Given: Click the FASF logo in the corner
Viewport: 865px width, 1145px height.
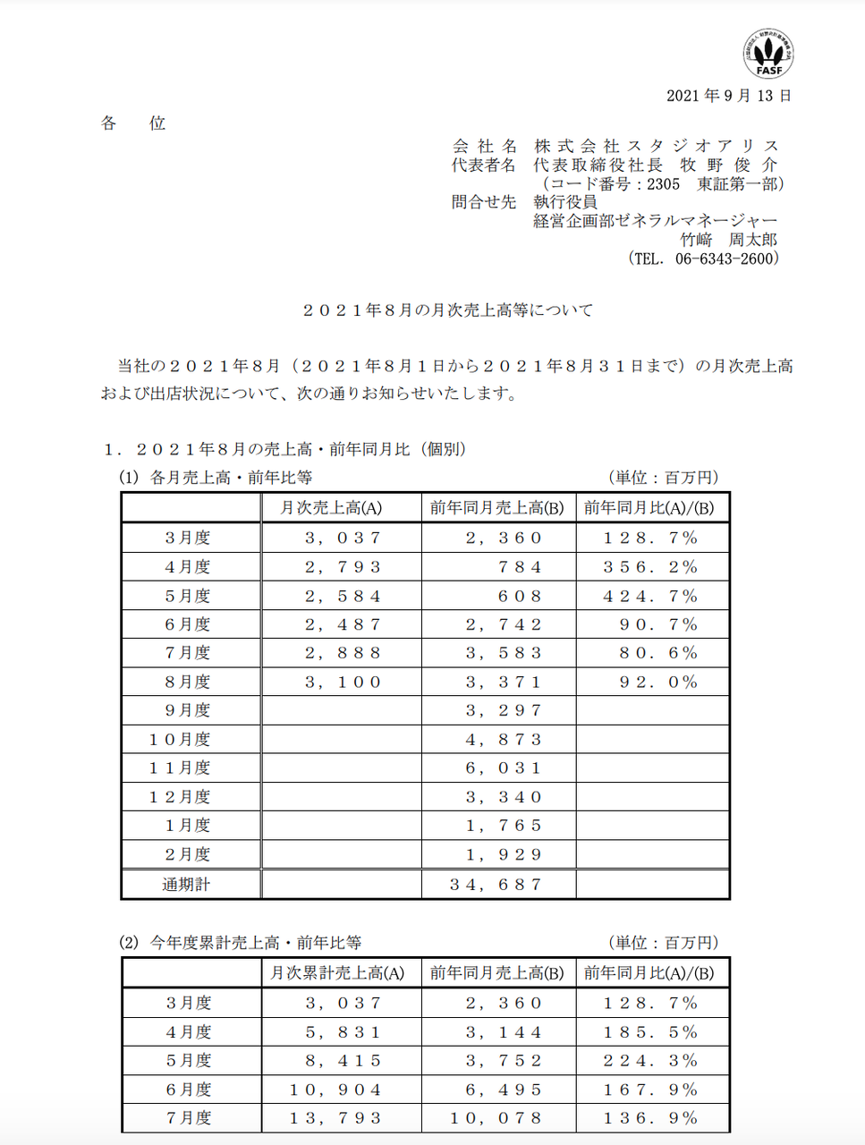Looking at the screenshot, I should [768, 53].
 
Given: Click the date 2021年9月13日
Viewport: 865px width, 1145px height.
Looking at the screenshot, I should [728, 96].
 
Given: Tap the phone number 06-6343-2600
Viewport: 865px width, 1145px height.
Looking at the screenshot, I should [726, 259].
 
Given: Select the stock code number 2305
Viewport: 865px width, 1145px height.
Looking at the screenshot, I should [663, 184].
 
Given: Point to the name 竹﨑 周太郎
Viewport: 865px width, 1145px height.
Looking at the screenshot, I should [728, 240].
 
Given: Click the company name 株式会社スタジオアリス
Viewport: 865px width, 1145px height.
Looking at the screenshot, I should [657, 146].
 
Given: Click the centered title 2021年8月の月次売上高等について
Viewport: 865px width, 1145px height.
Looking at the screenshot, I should [447, 310].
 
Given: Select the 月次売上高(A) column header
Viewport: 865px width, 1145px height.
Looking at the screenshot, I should [331, 508].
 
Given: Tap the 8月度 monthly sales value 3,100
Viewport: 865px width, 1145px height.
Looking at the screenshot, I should [343, 683].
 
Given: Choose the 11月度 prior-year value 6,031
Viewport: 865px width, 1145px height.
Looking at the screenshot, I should [504, 768].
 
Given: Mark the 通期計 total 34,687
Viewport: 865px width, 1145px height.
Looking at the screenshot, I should [496, 885].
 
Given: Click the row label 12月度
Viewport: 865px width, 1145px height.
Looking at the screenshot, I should [180, 797].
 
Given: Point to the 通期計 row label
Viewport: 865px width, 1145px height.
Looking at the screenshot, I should [186, 885].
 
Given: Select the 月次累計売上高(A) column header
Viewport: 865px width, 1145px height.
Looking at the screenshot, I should [337, 973].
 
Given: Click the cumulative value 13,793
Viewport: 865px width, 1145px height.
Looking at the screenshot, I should [335, 1118].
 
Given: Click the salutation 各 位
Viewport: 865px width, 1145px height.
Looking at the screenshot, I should [133, 123].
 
